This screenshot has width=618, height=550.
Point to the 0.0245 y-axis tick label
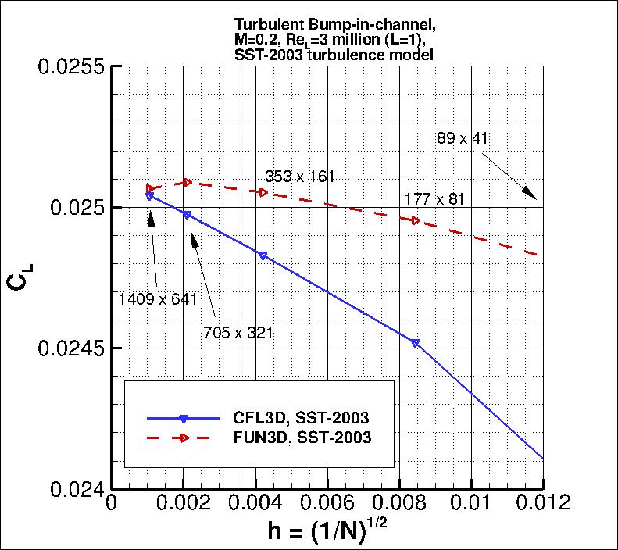point(71,348)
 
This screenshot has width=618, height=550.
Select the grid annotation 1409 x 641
point(159,298)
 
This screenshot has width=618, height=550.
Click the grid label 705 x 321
point(237,333)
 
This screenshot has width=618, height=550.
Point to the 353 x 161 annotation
point(300,177)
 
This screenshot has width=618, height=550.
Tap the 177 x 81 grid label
point(434,199)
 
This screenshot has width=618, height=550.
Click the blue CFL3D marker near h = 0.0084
point(415,343)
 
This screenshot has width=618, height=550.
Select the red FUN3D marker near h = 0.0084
point(415,220)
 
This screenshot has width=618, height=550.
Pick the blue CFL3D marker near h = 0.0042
point(263,255)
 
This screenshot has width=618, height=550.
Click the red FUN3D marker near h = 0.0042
point(263,192)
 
